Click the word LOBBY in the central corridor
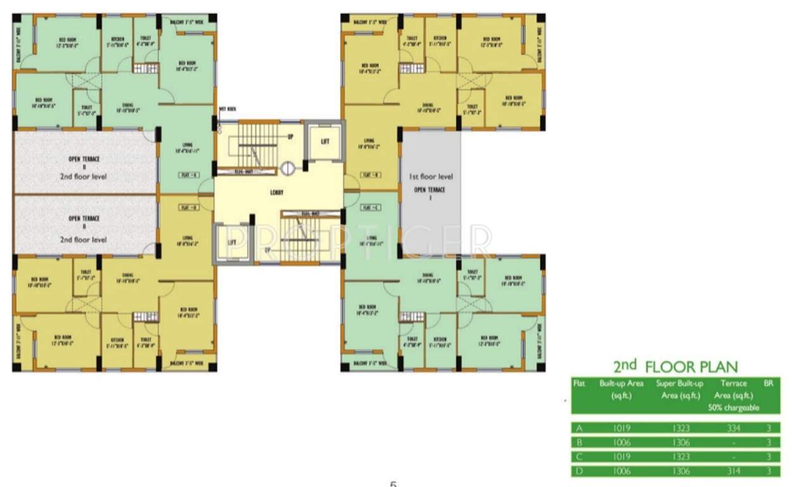[x=276, y=192]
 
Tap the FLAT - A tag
[x=189, y=174]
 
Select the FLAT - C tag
[x=371, y=207]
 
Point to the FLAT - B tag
[x=371, y=174]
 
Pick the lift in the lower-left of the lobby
[x=231, y=242]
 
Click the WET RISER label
[x=227, y=109]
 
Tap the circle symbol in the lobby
[x=287, y=169]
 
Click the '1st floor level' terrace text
[x=430, y=177]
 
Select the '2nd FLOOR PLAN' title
[x=675, y=367]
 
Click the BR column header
[x=769, y=384]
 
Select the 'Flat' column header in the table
[x=579, y=384]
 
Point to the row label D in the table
[x=578, y=471]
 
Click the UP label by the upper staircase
[x=290, y=136]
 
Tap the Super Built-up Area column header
[x=679, y=389]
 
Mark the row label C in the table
[x=578, y=457]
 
